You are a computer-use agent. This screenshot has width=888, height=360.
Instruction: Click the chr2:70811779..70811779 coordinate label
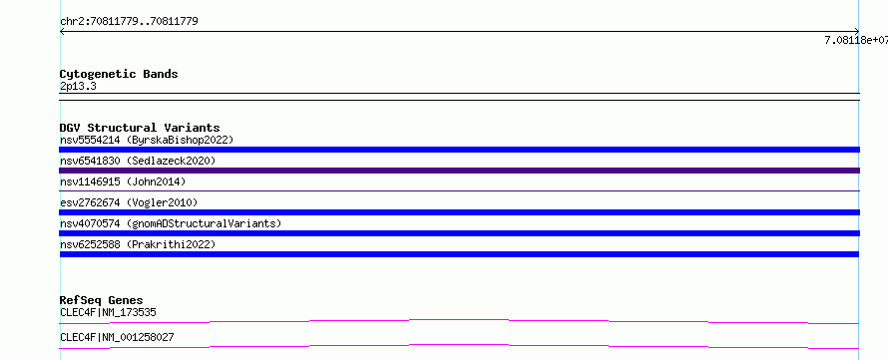coord(129,22)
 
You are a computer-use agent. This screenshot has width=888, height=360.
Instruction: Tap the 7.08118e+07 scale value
coord(856,40)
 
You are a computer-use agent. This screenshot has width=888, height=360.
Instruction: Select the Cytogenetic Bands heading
coord(119,74)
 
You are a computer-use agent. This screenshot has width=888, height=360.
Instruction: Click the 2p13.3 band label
coord(78,87)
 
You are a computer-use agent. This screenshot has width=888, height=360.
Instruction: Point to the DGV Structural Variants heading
coord(140,128)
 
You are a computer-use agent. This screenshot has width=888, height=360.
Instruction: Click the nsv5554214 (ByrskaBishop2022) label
coord(147,140)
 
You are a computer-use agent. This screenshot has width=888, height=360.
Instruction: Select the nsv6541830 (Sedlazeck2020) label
coord(138,161)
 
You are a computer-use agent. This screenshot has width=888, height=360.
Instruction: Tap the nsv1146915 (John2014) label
coord(123,181)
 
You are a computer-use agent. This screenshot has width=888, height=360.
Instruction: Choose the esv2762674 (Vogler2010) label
coord(129,202)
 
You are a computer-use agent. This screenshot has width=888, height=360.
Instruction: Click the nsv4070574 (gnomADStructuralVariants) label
coord(171,223)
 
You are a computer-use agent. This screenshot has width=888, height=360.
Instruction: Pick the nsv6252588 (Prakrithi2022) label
coord(138,244)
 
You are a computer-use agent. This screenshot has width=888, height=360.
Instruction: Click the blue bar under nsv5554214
coord(459,150)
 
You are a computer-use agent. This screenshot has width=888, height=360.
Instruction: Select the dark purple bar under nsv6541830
coord(459,171)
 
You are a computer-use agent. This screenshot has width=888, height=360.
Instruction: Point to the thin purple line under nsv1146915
coord(459,190)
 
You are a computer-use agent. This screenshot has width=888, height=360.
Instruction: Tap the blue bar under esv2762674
coord(459,212)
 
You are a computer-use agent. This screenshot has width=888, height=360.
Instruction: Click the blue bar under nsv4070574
coord(459,233)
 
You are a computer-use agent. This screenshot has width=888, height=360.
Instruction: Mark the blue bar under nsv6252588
coord(459,254)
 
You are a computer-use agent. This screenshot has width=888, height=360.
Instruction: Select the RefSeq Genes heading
coord(102,300)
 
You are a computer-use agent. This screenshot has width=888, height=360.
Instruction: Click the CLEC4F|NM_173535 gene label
coord(108,312)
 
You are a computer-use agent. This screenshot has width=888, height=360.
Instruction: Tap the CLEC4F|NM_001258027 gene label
coord(117,338)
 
